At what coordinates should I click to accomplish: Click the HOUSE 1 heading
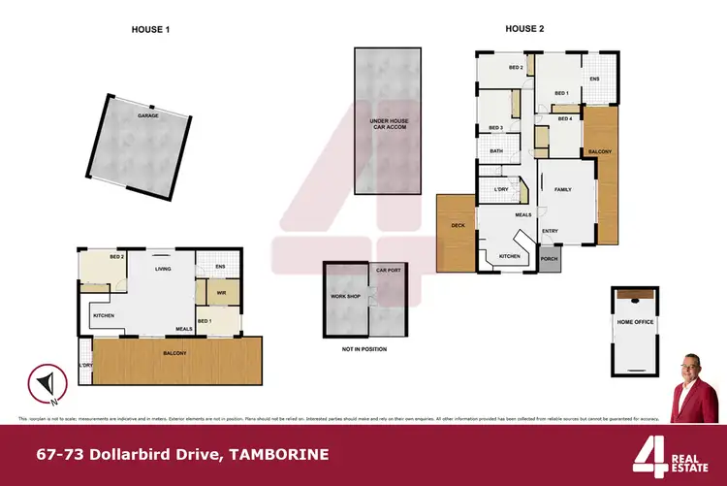pyautogui.click(x=150, y=30)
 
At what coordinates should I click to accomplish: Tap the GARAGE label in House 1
pyautogui.click(x=147, y=115)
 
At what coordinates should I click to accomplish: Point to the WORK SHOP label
pyautogui.click(x=346, y=295)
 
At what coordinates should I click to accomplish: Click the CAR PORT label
pyautogui.click(x=389, y=270)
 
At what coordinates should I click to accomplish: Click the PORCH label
pyautogui.click(x=550, y=259)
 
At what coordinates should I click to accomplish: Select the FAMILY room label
pyautogui.click(x=562, y=190)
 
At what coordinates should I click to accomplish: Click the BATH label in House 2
pyautogui.click(x=495, y=151)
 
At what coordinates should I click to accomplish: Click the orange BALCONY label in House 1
pyautogui.click(x=174, y=353)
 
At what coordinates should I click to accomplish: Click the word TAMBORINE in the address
pyautogui.click(x=273, y=454)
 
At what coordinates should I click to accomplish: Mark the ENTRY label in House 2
pyautogui.click(x=550, y=231)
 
